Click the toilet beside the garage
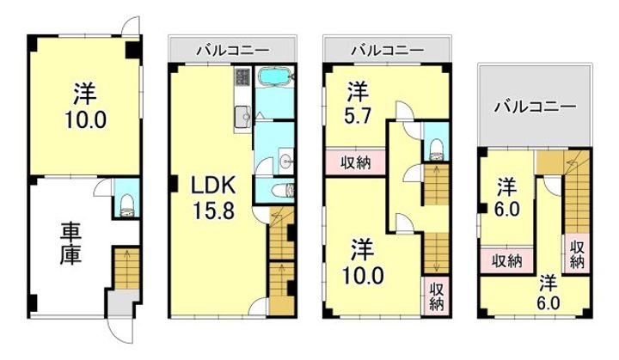126,203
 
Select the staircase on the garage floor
126,267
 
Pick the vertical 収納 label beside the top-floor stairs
578,250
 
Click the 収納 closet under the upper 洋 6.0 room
506,260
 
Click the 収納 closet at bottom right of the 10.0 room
435,295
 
